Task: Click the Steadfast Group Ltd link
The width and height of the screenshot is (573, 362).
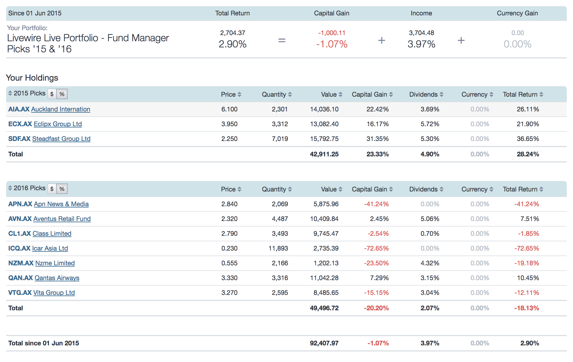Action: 61,139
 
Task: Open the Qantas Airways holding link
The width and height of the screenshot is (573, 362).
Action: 57,278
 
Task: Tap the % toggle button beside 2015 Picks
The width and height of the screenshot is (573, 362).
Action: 62,94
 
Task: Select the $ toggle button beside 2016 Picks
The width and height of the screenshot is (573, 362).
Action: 52,189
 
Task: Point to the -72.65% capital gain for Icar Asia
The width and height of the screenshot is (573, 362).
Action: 376,248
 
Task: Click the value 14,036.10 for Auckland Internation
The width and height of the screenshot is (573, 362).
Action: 324,109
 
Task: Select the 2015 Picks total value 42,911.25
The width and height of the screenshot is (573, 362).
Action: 324,154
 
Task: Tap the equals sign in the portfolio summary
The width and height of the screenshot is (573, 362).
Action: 282,40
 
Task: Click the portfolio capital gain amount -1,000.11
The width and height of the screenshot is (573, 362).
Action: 332,33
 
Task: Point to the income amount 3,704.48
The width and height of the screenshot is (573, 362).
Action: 421,33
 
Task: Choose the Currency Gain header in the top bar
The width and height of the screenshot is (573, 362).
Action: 517,13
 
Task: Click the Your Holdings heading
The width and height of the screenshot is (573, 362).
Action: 32,78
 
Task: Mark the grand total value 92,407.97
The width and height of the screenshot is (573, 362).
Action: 324,343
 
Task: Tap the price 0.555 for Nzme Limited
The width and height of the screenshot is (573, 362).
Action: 229,263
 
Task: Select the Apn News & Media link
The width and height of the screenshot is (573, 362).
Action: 61,204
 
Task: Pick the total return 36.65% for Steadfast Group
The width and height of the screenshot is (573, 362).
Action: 528,139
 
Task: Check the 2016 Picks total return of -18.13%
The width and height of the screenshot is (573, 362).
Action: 526,308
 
